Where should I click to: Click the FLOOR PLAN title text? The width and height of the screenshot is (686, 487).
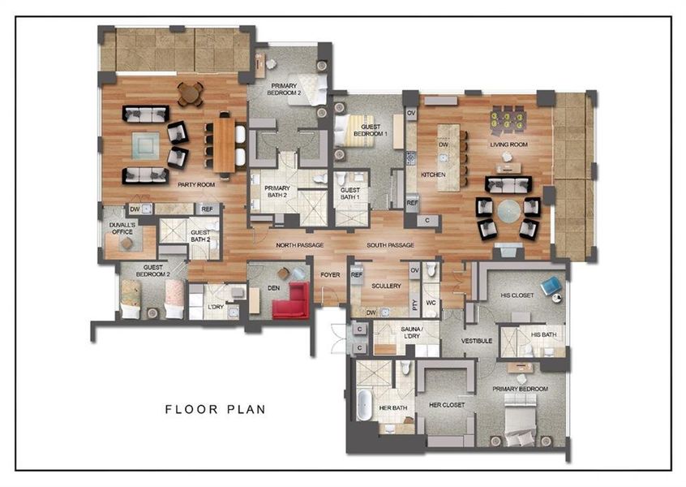tap(215, 409)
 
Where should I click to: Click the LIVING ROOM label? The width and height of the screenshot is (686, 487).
tap(508, 145)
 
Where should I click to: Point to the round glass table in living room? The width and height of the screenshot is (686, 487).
tap(508, 213)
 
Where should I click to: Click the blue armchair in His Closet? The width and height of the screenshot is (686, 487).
tap(551, 284)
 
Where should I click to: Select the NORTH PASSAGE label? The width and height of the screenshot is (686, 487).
tap(299, 245)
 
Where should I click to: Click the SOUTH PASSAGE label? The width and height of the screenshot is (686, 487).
tap(390, 245)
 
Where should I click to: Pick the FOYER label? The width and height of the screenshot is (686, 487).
tap(330, 274)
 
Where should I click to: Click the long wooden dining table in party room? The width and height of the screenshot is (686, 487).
tap(223, 146)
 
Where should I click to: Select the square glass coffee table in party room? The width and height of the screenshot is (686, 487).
tap(144, 147)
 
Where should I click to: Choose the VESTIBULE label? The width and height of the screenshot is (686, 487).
tap(477, 341)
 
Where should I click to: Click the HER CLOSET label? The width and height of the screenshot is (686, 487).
tap(446, 404)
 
